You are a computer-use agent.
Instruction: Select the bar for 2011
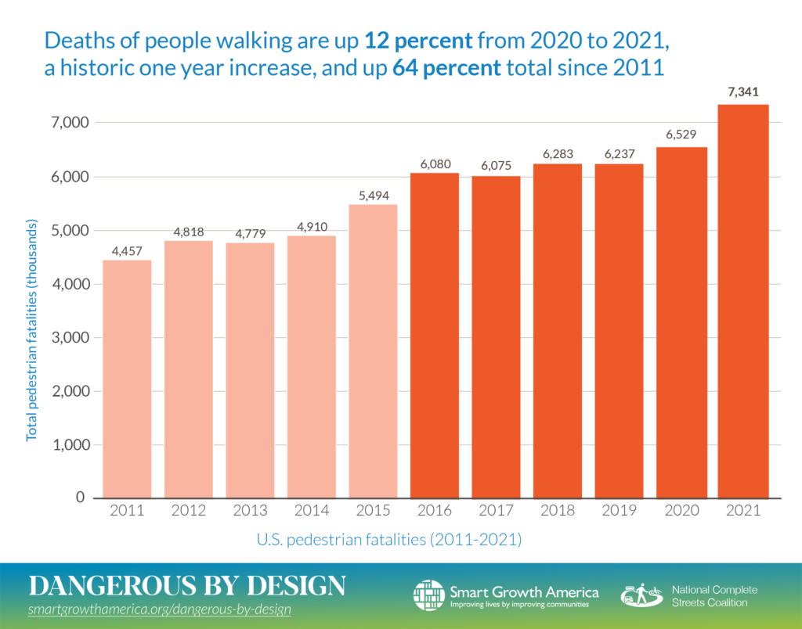127,379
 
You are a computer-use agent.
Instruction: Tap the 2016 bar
435,336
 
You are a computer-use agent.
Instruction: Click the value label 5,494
373,193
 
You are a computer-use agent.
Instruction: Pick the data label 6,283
558,153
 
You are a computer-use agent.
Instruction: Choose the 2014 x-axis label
311,512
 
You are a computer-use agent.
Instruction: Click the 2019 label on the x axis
619,512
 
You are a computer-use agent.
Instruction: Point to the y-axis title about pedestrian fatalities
32,331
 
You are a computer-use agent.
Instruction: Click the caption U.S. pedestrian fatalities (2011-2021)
389,539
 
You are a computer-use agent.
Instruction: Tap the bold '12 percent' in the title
422,38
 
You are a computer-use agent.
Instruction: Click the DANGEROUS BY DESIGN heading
186,586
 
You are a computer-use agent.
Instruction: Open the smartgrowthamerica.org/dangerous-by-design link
160,609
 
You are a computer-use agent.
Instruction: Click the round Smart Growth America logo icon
428,595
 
